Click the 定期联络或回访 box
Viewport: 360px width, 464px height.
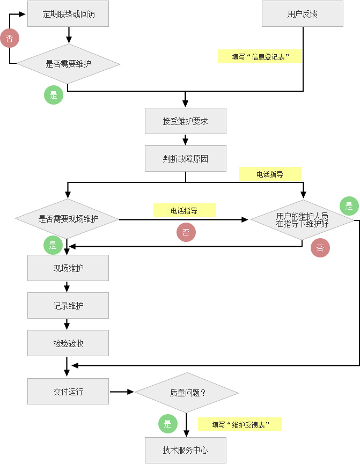[x=68, y=13]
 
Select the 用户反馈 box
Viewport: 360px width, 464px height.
[x=302, y=13]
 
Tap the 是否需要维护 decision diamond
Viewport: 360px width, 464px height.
[x=68, y=64]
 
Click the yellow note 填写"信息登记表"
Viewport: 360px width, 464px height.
[x=260, y=56]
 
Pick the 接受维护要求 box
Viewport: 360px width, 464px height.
[x=185, y=121]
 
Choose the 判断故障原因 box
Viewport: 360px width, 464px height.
[x=185, y=158]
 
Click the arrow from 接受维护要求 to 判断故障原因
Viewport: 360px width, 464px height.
[x=185, y=139]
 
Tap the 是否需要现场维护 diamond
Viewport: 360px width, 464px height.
[x=67, y=219]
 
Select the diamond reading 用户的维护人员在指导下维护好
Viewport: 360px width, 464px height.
[x=302, y=219]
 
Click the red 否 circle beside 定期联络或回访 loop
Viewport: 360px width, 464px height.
[x=10, y=38]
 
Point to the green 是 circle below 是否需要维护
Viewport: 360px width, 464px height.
[x=54, y=95]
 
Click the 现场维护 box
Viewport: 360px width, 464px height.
[x=68, y=268]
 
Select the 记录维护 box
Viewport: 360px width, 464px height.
[x=68, y=305]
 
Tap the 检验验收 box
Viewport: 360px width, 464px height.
[x=68, y=343]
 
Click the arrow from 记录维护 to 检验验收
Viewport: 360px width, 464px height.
[x=67, y=325]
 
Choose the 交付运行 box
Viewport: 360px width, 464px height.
[x=68, y=391]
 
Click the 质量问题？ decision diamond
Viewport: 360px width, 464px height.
[x=187, y=392]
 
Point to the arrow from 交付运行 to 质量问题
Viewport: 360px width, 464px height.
[x=122, y=392]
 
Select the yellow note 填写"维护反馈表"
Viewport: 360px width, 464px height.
[x=240, y=424]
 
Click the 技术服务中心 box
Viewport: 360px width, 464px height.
[x=185, y=450]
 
